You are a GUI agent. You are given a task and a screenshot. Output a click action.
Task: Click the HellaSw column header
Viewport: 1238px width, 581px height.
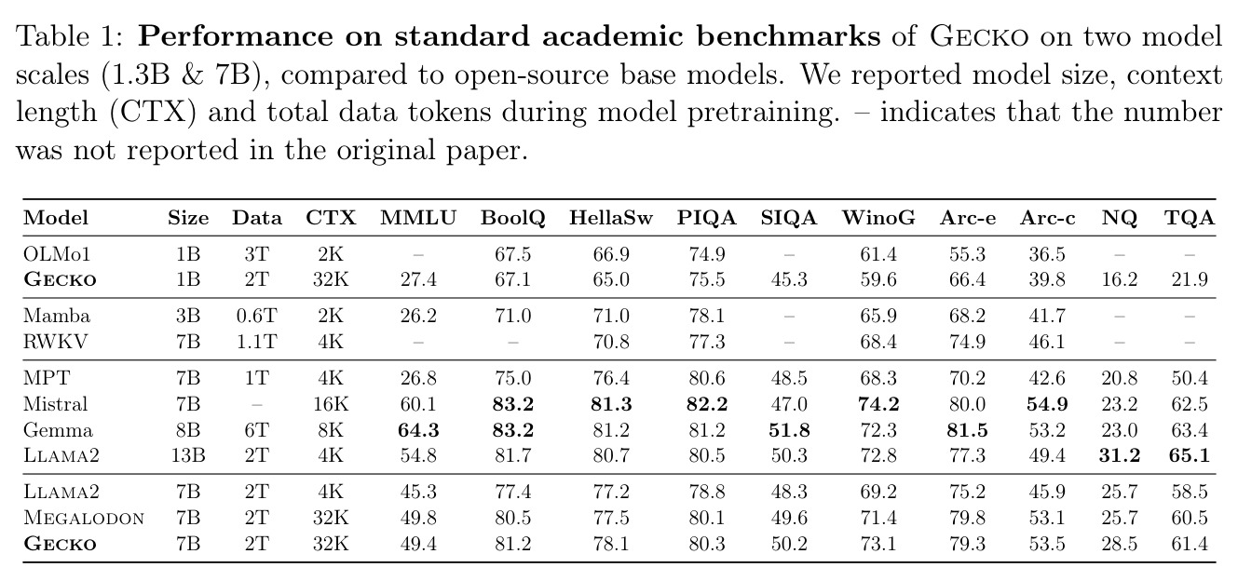611,218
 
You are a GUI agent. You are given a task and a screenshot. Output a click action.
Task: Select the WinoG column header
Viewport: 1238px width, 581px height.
878,218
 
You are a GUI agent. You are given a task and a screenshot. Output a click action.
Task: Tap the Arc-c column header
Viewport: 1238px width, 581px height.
1047,218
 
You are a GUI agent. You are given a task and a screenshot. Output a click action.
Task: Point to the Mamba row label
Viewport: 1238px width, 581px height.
57,316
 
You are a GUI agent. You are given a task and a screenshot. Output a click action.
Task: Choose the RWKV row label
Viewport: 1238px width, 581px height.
55,342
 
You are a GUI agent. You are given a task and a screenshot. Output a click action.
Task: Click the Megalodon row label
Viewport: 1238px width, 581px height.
84,518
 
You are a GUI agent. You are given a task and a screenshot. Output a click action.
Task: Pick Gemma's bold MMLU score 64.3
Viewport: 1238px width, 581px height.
418,430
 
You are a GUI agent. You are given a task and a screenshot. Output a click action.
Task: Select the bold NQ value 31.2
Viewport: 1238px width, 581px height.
1119,455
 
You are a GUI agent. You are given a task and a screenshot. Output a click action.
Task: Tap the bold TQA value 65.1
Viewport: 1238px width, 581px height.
1190,455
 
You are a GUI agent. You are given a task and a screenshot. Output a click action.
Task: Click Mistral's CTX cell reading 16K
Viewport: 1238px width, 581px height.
331,404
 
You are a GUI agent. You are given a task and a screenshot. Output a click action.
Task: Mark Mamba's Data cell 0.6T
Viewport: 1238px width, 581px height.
256,316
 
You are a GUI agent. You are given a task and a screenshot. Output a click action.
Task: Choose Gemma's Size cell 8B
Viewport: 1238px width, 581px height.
188,430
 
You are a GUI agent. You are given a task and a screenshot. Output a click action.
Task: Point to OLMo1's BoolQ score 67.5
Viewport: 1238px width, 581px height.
513,254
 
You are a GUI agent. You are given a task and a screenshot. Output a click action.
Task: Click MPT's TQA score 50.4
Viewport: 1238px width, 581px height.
1190,378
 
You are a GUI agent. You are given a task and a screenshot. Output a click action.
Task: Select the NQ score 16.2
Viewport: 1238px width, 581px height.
1119,280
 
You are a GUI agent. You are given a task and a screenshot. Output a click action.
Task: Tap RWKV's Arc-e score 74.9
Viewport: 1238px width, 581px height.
967,342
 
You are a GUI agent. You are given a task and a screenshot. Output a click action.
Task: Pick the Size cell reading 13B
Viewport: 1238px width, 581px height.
188,455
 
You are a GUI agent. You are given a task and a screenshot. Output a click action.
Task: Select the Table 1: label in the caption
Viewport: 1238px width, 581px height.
72,37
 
